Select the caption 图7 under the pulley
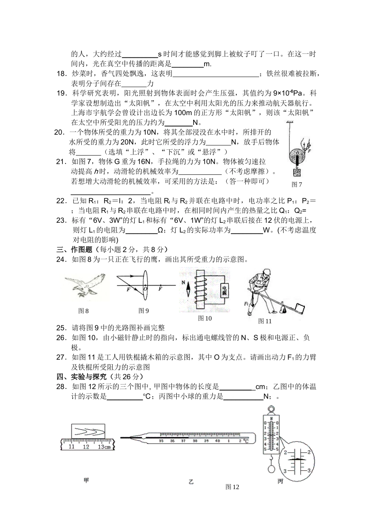coord(297,184)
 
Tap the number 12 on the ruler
coord(86,447)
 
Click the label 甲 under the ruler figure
coord(86,480)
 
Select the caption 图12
coord(232,487)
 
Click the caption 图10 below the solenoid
coord(205,318)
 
